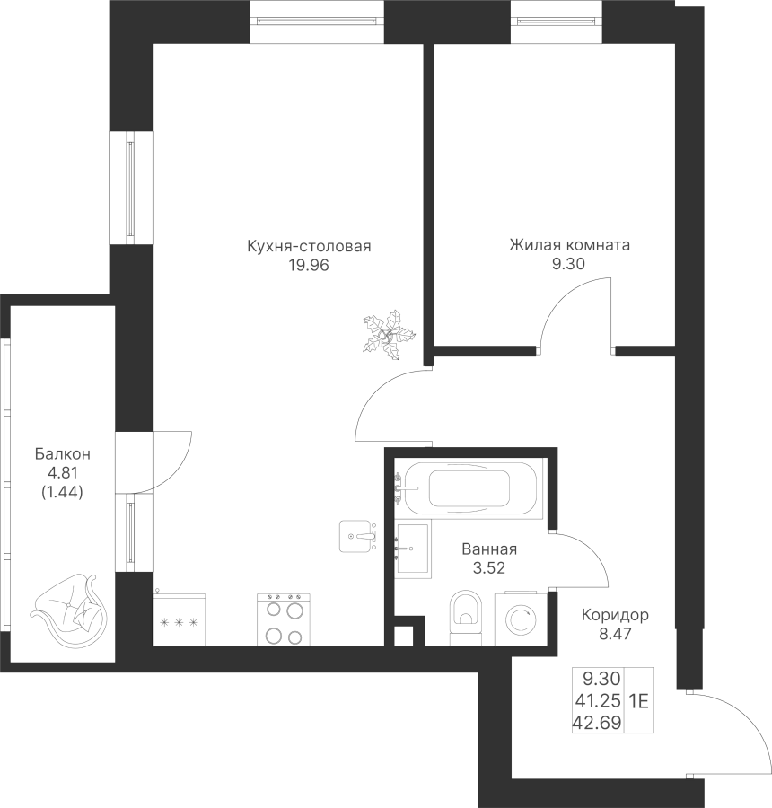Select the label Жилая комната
click(569, 244)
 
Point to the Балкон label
click(62, 454)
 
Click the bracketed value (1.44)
click(62, 491)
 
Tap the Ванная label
click(489, 549)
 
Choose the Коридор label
click(615, 616)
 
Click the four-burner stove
click(283, 619)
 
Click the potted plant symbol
click(388, 335)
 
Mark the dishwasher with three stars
click(180, 619)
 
